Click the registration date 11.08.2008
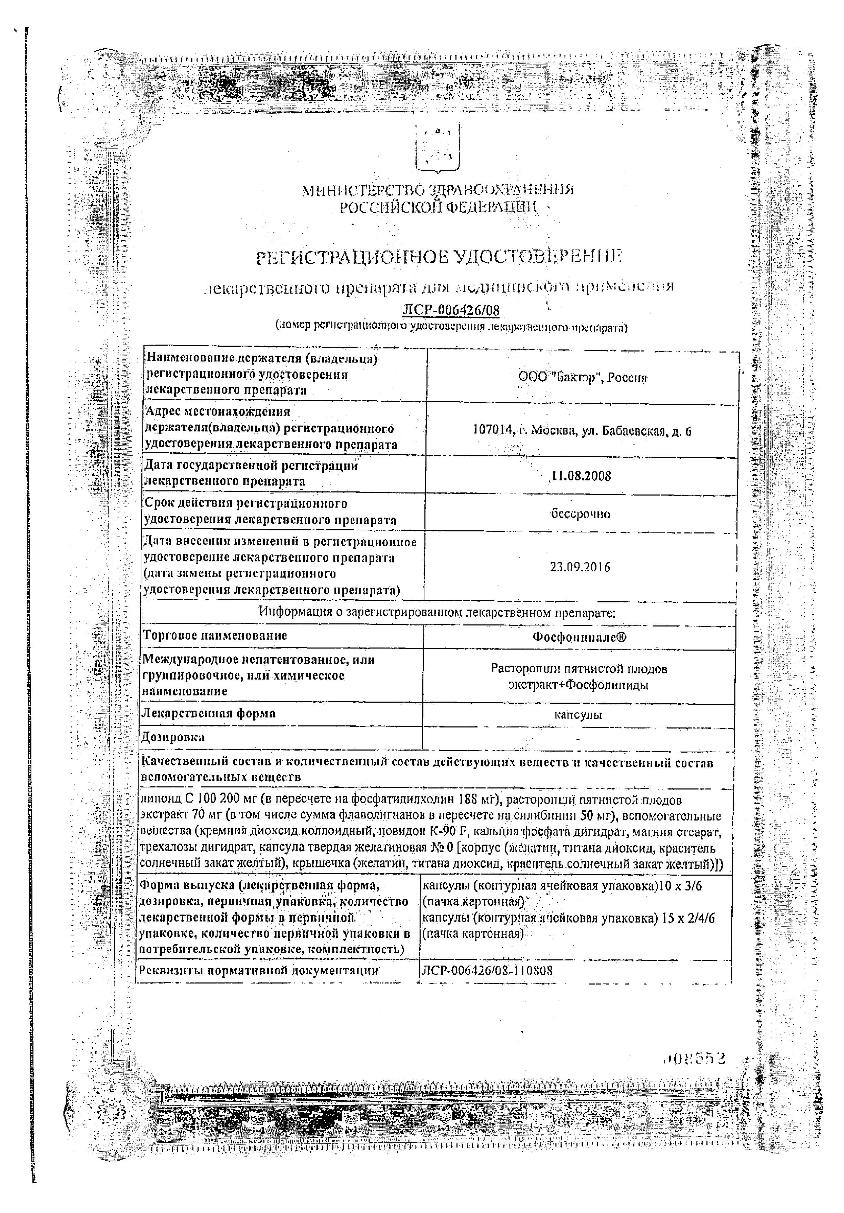pos(581,476)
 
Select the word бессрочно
pos(580,513)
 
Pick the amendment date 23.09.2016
pos(580,567)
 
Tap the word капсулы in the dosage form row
pos(578,715)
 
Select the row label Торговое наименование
pos(215,635)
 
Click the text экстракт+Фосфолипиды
pos(578,685)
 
